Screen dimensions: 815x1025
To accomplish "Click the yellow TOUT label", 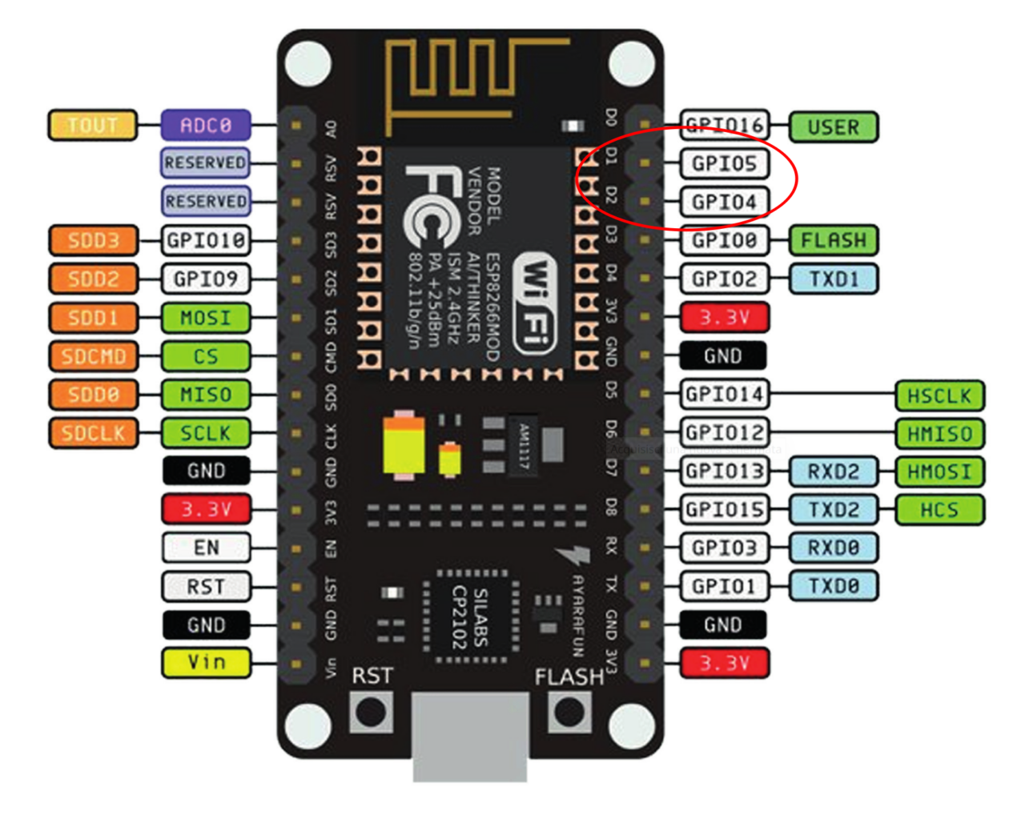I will [92, 126].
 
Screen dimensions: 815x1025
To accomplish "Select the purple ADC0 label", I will [206, 126].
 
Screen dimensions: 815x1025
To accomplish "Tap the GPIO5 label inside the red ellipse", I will [724, 163].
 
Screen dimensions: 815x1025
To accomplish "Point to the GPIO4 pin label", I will [724, 202].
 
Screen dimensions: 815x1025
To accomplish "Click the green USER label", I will [833, 127].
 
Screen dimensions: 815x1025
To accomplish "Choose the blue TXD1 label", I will [833, 279].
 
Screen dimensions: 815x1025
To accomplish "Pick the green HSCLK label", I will [939, 395].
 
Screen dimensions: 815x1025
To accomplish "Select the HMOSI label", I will [939, 472].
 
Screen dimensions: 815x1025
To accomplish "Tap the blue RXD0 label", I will [833, 548].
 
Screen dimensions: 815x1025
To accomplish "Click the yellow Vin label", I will [206, 663].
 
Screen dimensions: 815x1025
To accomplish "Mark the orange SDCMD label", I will [93, 356].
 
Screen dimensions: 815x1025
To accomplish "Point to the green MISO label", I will [206, 395].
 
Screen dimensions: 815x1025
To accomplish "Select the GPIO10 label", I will [206, 240].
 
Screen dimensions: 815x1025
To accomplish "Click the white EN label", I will [206, 548].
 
